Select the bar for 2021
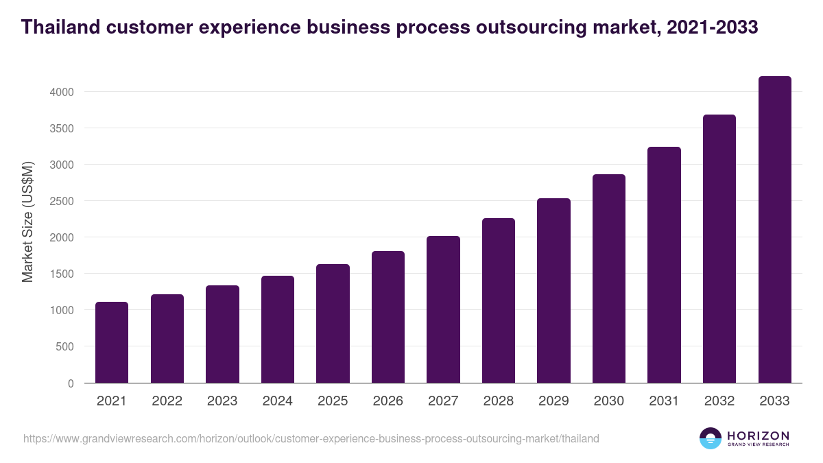pyautogui.click(x=112, y=342)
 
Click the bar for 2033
pyautogui.click(x=774, y=230)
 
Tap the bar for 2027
pyautogui.click(x=443, y=309)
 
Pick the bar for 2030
pyautogui.click(x=609, y=278)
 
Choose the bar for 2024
pyautogui.click(x=278, y=329)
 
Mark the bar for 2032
pyautogui.click(x=719, y=249)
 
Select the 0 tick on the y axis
pyautogui.click(x=71, y=383)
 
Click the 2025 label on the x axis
pyautogui.click(x=333, y=401)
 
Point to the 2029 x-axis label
pyautogui.click(x=553, y=401)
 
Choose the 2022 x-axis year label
pyautogui.click(x=167, y=401)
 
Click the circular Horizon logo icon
pyautogui.click(x=711, y=438)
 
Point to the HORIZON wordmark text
pyautogui.click(x=758, y=435)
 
